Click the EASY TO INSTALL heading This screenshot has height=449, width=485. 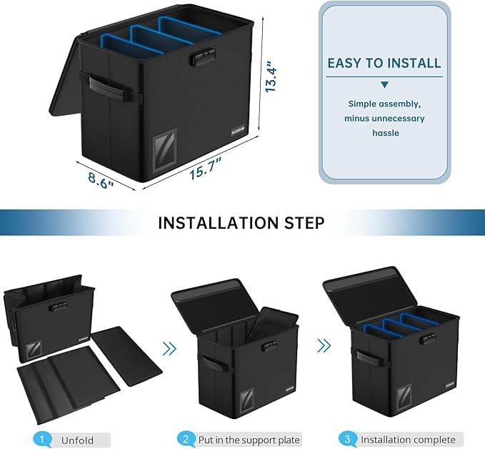tap(384, 63)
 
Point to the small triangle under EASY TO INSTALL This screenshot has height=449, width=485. tap(384, 85)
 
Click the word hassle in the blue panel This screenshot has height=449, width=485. tap(384, 133)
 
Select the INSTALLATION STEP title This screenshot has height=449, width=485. tap(241, 222)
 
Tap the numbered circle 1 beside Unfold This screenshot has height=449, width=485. tap(42, 438)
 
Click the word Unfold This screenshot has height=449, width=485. tap(76, 439)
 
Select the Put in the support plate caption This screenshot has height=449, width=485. tap(248, 439)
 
